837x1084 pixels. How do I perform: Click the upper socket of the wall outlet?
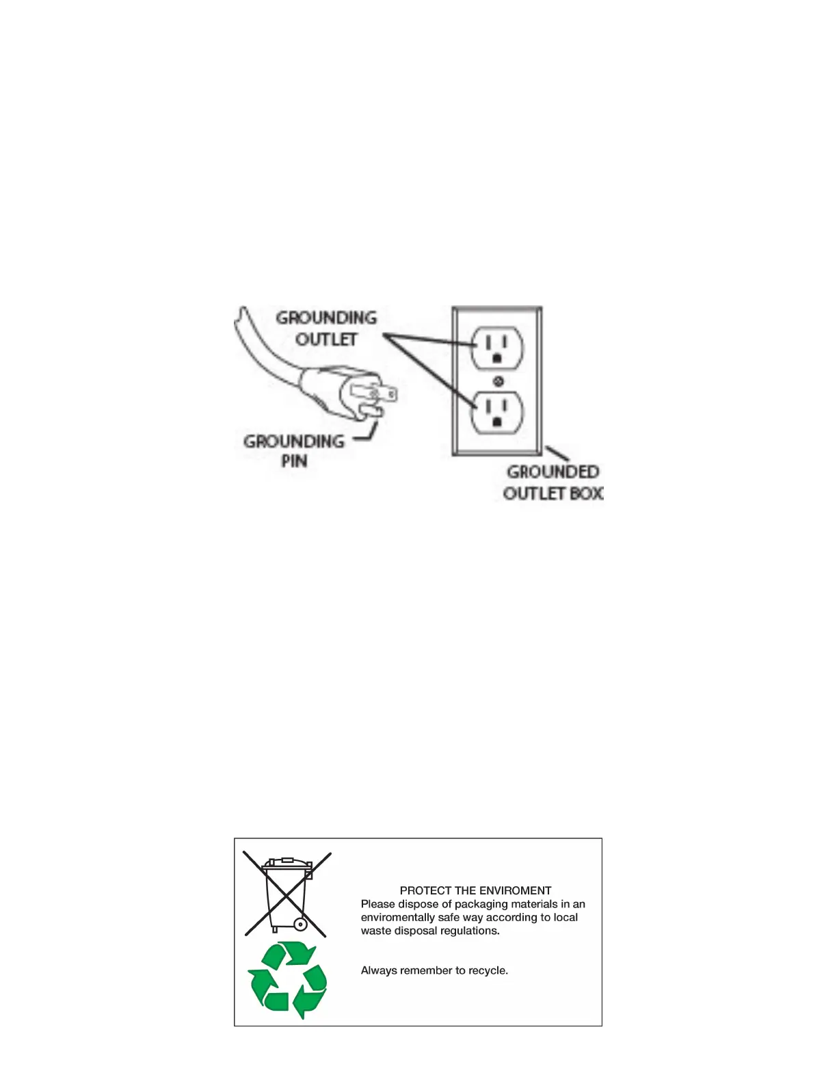498,347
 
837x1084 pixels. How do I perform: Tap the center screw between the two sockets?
499,380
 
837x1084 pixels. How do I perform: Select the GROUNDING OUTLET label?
326,328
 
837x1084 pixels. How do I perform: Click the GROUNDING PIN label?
294,451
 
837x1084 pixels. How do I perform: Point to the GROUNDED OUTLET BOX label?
553,482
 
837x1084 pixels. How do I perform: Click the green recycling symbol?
287,980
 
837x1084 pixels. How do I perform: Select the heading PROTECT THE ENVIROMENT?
475,890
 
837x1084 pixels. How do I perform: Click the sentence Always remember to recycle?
434,970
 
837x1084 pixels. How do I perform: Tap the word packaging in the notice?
479,904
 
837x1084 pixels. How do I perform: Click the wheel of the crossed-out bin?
300,925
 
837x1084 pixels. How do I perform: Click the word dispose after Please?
419,904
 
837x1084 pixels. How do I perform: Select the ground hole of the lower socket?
498,422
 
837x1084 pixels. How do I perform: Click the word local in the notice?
566,917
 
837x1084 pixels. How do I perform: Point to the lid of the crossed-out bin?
287,863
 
